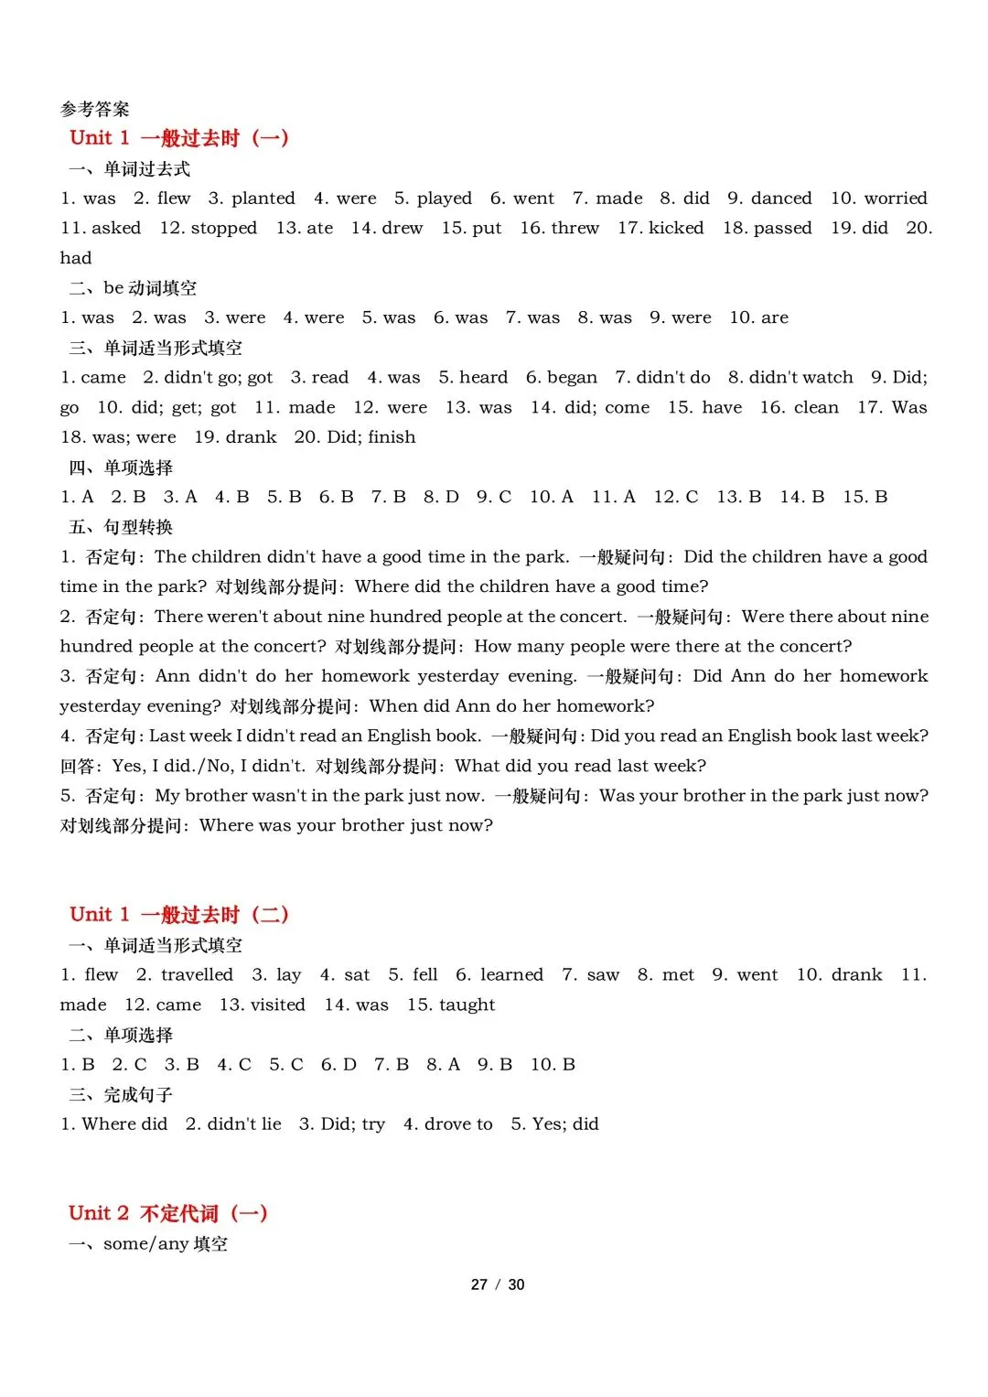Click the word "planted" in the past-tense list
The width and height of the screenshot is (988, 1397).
263,199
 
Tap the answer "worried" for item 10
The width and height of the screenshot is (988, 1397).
896,199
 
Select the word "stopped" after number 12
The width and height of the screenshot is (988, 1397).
224,229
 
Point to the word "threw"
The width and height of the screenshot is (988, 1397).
575,229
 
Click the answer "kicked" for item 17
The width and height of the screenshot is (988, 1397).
675,229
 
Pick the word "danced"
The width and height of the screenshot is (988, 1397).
781,199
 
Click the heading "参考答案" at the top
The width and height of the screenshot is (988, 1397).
95,110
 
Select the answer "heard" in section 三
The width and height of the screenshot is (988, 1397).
483,378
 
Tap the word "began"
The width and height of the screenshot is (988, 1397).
572,378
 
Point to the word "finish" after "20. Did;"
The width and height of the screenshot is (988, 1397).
392,437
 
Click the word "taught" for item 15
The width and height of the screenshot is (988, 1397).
467,1005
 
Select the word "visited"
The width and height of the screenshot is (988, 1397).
275,1005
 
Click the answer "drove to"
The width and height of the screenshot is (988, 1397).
458,1124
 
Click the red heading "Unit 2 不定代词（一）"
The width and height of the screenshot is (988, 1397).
168,1214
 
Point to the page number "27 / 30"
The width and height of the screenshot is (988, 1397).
498,1285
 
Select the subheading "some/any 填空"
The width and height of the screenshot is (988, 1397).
166,1244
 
